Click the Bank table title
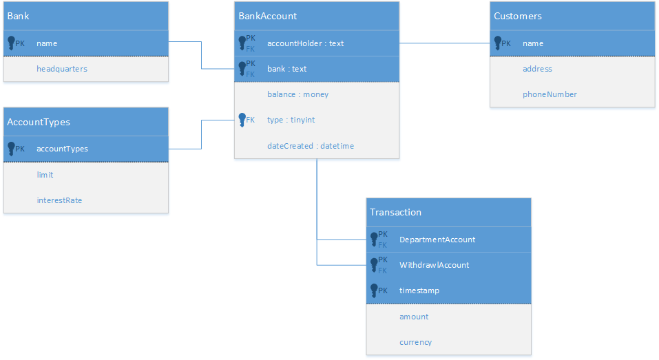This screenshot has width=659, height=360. (x=19, y=16)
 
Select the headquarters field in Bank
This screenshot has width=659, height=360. (x=62, y=69)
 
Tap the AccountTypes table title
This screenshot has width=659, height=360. (x=39, y=122)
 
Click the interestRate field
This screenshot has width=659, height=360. (x=59, y=200)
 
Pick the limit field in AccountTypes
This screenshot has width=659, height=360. (x=45, y=175)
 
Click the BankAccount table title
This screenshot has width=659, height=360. (x=268, y=16)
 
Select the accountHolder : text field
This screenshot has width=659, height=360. (x=305, y=43)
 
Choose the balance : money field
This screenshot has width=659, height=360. (x=297, y=94)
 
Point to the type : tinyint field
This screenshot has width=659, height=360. (x=291, y=120)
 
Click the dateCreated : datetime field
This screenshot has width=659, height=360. (x=310, y=146)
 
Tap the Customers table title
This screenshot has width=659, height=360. (x=517, y=16)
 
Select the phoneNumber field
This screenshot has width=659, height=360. (x=550, y=94)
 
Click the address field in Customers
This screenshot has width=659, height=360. (x=537, y=69)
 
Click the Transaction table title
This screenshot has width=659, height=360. (x=395, y=212)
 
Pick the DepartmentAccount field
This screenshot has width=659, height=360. (x=437, y=240)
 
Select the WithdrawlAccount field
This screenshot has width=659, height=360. (x=434, y=265)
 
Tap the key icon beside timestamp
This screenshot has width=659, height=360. (x=375, y=290)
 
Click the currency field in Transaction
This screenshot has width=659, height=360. (x=415, y=342)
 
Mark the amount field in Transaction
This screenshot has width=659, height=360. (x=414, y=317)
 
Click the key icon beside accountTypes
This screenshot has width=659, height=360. (x=12, y=149)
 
